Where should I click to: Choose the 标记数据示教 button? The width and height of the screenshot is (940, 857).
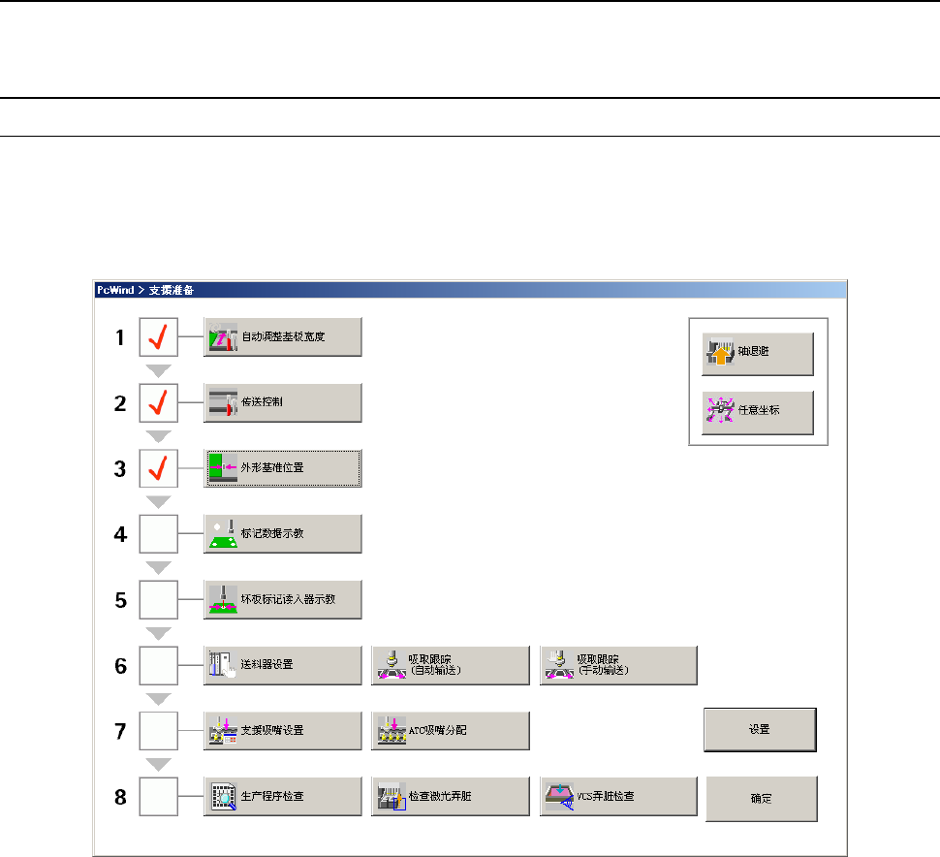coord(282,534)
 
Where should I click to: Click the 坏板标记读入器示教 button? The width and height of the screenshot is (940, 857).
coord(282,599)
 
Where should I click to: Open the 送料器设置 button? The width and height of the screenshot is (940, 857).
coord(282,665)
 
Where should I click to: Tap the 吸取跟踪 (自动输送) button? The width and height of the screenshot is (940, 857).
coord(451,665)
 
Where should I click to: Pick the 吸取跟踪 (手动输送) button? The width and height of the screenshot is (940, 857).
coord(618,665)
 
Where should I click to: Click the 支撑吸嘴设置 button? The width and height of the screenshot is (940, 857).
coord(282,730)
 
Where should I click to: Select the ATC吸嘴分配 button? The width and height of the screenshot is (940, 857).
coord(451,730)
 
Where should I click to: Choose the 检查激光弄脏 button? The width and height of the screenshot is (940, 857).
coord(451,797)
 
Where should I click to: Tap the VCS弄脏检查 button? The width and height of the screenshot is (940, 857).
coord(618,797)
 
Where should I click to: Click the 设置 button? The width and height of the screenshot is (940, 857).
coord(760,730)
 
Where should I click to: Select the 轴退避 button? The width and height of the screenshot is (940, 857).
coord(757,356)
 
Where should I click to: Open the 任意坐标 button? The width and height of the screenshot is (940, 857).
coord(757,411)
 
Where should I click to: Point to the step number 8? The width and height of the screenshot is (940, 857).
coord(120,798)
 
